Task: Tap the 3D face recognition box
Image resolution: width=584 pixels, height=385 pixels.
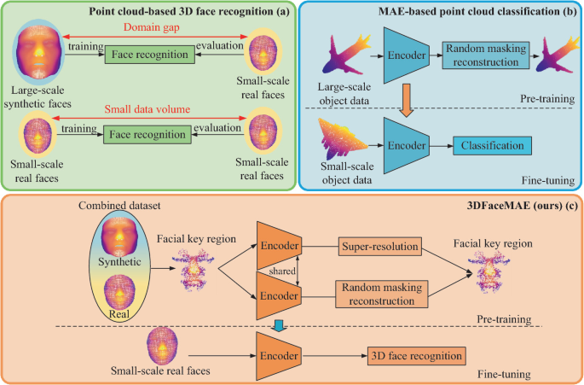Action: point(417,354)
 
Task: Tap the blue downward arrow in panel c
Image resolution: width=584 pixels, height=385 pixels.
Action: point(280,324)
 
